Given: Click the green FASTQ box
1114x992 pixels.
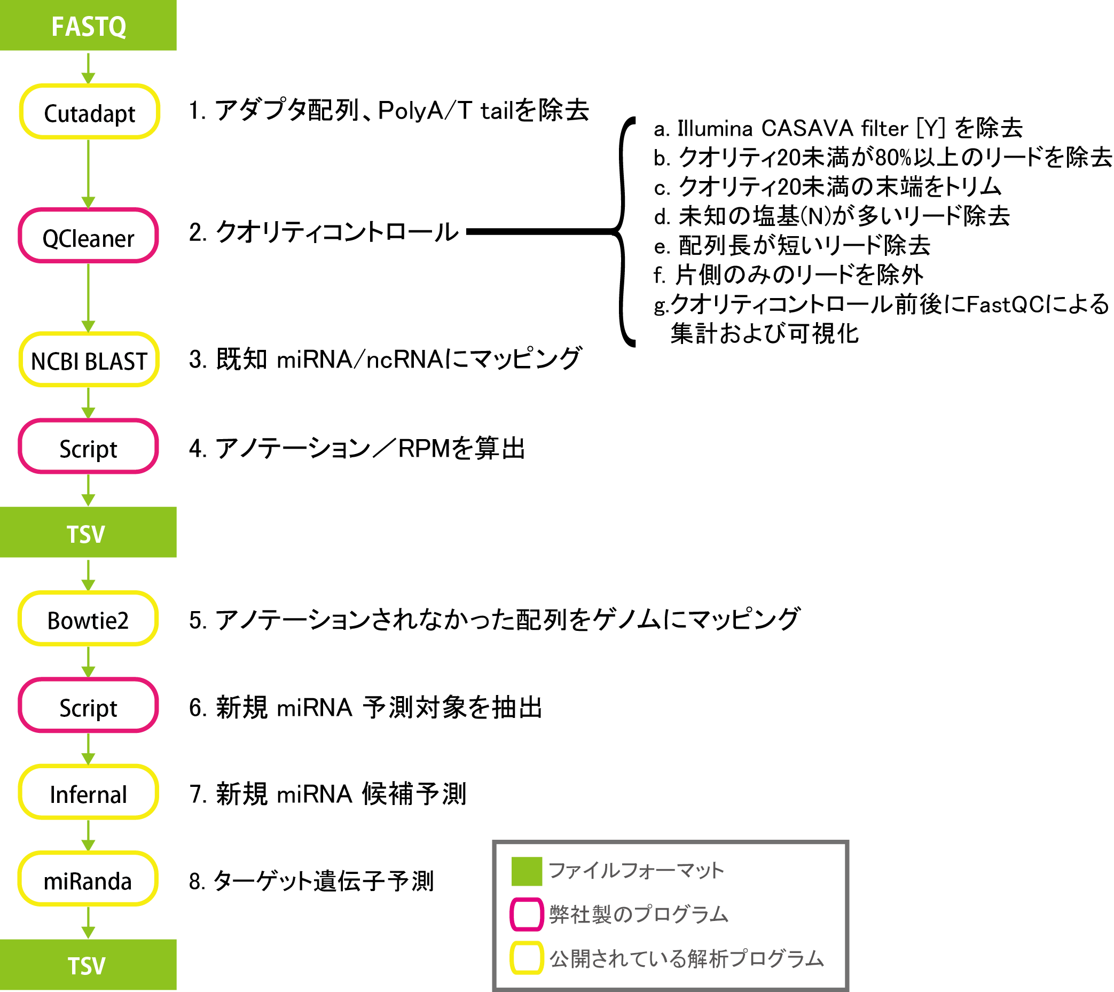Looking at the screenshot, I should (88, 26).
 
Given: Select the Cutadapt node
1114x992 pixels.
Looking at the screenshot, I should (89, 112).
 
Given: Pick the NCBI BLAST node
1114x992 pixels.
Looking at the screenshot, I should (89, 360).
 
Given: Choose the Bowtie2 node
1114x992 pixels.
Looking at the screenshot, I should (88, 619).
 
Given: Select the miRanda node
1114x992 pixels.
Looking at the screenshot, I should (88, 879).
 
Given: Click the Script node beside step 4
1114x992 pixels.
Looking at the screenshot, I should (88, 447).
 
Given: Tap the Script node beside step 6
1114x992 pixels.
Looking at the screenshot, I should (88, 705).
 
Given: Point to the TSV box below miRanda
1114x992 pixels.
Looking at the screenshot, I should (88, 965).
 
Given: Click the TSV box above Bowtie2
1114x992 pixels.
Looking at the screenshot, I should (88, 532).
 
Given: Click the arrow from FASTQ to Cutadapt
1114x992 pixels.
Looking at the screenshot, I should (88, 68).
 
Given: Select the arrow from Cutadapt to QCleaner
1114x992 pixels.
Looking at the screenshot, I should (88, 173).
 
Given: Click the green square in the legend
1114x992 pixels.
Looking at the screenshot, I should (527, 871).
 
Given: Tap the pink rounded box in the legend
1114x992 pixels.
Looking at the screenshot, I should (527, 914).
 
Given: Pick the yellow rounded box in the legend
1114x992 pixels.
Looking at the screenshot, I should (527, 958).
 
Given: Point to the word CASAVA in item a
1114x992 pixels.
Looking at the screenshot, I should (807, 129).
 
